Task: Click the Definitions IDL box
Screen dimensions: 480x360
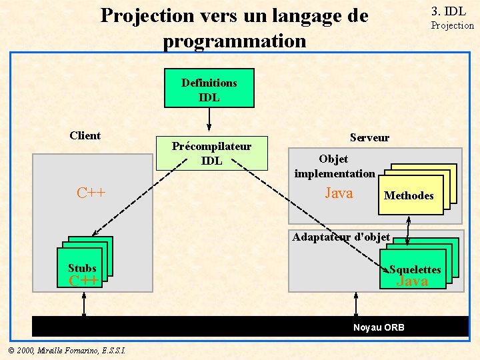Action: click(209, 89)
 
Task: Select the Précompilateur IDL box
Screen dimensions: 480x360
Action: click(211, 153)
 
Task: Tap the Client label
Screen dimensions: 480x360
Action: click(85, 136)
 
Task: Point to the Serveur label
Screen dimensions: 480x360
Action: click(369, 137)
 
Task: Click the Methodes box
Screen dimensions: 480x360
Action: click(409, 195)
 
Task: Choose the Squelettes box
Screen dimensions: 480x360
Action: click(414, 269)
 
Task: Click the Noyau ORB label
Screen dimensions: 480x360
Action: click(379, 327)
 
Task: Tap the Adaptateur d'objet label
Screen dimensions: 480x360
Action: click(341, 237)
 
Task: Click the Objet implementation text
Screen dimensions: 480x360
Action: click(335, 166)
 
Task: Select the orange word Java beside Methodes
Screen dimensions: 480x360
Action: click(339, 193)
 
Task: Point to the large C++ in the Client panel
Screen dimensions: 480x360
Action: click(91, 193)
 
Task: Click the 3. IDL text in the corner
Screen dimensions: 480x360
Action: click(449, 11)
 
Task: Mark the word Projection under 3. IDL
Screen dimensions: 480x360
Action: click(452, 25)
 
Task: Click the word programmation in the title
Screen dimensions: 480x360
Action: click(234, 41)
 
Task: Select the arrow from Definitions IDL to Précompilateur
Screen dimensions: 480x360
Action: click(209, 119)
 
